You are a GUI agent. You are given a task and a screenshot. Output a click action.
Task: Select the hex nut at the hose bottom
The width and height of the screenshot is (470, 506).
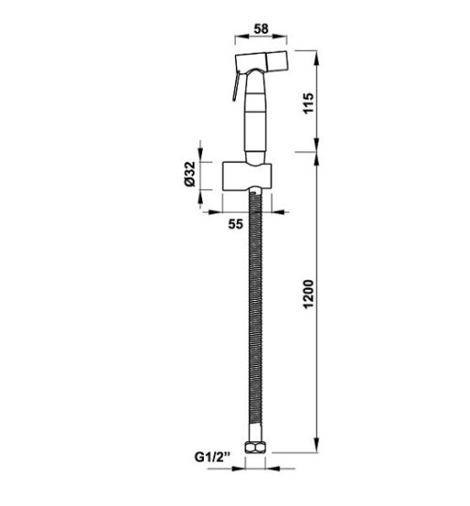tap(254, 450)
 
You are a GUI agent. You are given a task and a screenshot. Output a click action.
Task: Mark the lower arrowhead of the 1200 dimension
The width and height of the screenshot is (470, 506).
tap(315, 448)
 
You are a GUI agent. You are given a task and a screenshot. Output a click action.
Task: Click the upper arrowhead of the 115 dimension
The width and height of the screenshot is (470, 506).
tap(315, 56)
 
